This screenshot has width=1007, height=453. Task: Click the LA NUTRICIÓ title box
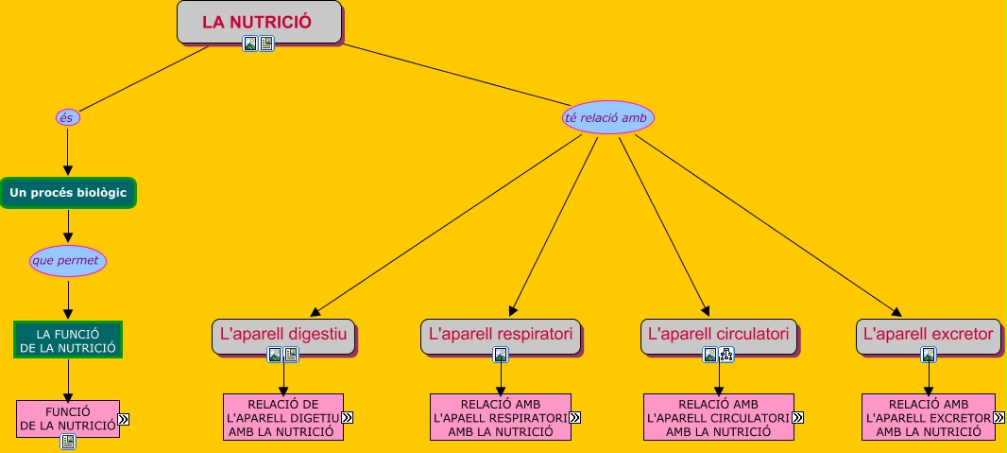(259, 22)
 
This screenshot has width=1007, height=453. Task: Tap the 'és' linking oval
(67, 117)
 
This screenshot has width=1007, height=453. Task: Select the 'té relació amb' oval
(608, 117)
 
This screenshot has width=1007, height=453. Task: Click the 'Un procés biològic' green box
(68, 193)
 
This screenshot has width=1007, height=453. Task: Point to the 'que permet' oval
(67, 261)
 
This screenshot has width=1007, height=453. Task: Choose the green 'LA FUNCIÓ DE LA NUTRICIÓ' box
(68, 340)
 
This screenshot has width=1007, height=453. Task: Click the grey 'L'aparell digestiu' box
(283, 336)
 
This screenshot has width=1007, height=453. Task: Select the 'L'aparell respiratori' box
(501, 336)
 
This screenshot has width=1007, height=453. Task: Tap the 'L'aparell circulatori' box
(719, 336)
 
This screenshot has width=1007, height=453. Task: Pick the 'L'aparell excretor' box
(928, 336)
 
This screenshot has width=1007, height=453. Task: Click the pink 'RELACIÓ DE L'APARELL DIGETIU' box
(283, 417)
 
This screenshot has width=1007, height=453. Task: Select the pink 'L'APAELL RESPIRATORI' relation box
(501, 417)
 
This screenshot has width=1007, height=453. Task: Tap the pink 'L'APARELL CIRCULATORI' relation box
(719, 417)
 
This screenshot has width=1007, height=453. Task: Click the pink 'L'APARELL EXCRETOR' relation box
(928, 417)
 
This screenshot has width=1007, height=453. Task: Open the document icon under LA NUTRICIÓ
(266, 44)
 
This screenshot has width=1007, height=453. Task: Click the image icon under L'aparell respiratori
(501, 355)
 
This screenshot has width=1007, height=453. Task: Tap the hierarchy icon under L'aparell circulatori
(726, 355)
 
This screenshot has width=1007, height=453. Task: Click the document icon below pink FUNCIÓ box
(68, 442)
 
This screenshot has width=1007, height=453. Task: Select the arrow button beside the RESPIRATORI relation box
(574, 418)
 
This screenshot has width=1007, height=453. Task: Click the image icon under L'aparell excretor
(928, 355)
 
